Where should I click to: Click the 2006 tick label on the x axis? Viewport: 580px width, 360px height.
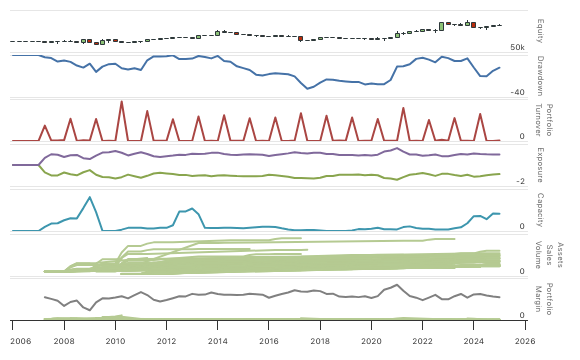point(13,340)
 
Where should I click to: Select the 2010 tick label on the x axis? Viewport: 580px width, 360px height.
point(115,340)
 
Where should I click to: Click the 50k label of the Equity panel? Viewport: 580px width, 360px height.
point(517,48)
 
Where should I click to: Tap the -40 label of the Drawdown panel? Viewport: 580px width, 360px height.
point(517,93)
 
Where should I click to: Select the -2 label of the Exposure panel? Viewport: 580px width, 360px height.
point(520,181)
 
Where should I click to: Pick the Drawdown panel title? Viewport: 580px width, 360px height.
point(540,75)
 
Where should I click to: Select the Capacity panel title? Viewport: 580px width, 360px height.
point(540,210)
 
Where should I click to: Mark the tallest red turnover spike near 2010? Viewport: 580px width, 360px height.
point(121,102)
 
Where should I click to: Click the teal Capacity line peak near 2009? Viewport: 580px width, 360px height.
point(90,197)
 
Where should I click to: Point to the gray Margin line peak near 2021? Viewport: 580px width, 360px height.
point(397,285)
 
